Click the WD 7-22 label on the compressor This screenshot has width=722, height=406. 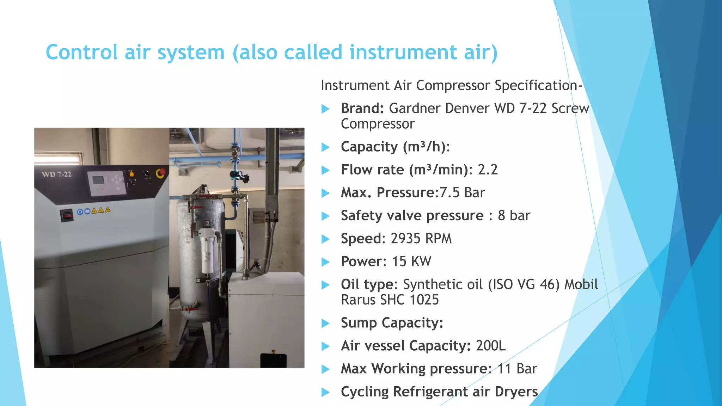(56, 174)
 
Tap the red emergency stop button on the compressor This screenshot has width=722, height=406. (161, 173)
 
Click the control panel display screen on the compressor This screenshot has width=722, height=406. (98, 180)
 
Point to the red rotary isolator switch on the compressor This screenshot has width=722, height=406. (67, 215)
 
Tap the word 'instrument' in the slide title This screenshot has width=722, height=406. (403, 53)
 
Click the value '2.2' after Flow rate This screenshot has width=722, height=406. (488, 170)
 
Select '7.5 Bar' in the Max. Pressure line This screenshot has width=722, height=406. (462, 193)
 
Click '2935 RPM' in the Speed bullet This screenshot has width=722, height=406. (421, 239)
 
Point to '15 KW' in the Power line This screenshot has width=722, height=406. (411, 262)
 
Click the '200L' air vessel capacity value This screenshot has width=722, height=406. (490, 346)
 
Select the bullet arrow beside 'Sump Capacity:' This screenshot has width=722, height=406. (325, 323)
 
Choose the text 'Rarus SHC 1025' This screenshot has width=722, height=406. (390, 300)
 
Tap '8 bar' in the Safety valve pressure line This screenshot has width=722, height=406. (514, 216)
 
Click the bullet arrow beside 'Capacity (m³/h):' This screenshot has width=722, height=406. (325, 147)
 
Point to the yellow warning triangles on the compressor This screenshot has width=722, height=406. (101, 210)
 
